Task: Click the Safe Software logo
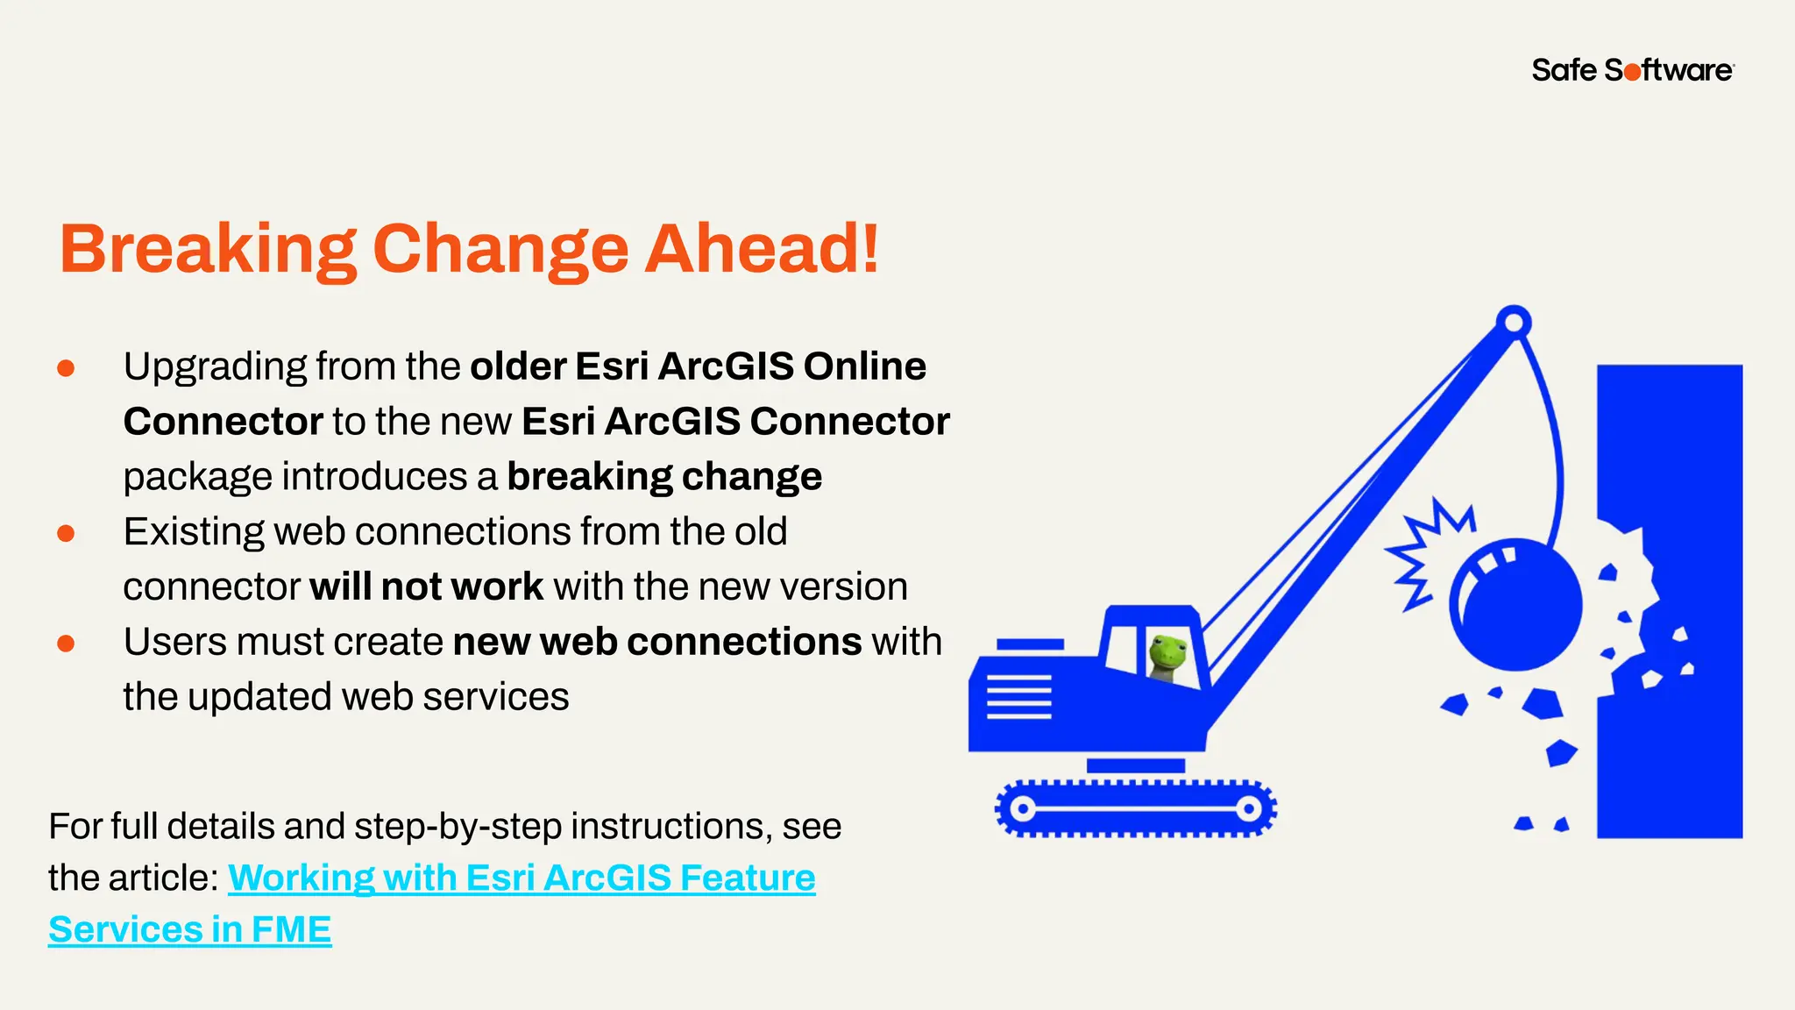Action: tap(1632, 70)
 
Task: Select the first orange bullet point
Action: tap(66, 368)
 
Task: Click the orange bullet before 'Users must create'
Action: tap(66, 644)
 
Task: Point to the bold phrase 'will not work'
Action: tap(426, 587)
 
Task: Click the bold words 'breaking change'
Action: tap(663, 477)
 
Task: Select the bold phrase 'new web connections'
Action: tap(656, 642)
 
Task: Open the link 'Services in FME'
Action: tap(190, 929)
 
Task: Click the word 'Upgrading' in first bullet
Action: tap(214, 366)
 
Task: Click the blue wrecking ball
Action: tap(1516, 605)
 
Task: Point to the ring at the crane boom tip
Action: tap(1514, 323)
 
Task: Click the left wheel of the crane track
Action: tap(1022, 808)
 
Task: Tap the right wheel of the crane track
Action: tap(1249, 808)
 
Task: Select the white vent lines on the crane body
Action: tap(1018, 697)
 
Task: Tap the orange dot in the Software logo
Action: tap(1632, 72)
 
